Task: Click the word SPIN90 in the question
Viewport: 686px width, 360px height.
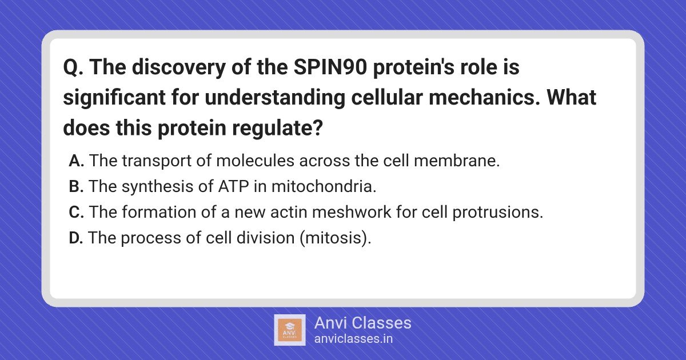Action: (x=330, y=67)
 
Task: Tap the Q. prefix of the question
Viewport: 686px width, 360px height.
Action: (x=73, y=67)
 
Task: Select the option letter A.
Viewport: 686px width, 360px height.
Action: (x=77, y=161)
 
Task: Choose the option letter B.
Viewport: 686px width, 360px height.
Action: (x=76, y=186)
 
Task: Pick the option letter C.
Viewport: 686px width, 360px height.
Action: (x=77, y=212)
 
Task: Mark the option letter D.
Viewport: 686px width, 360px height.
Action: (x=76, y=238)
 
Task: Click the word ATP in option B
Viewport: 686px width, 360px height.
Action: (x=233, y=186)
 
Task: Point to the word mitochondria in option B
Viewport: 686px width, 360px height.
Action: (x=324, y=186)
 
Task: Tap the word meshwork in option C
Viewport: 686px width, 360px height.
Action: (x=352, y=212)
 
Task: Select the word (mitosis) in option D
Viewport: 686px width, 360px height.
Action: (x=336, y=238)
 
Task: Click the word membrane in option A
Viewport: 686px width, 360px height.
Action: (x=457, y=161)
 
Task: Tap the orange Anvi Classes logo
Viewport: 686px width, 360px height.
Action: (x=290, y=330)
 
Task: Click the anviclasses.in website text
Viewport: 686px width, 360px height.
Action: (x=353, y=339)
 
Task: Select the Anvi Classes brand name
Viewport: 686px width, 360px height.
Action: (x=363, y=323)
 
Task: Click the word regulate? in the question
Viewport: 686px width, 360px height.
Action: (x=277, y=128)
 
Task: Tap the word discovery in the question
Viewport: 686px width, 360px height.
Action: (x=179, y=67)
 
